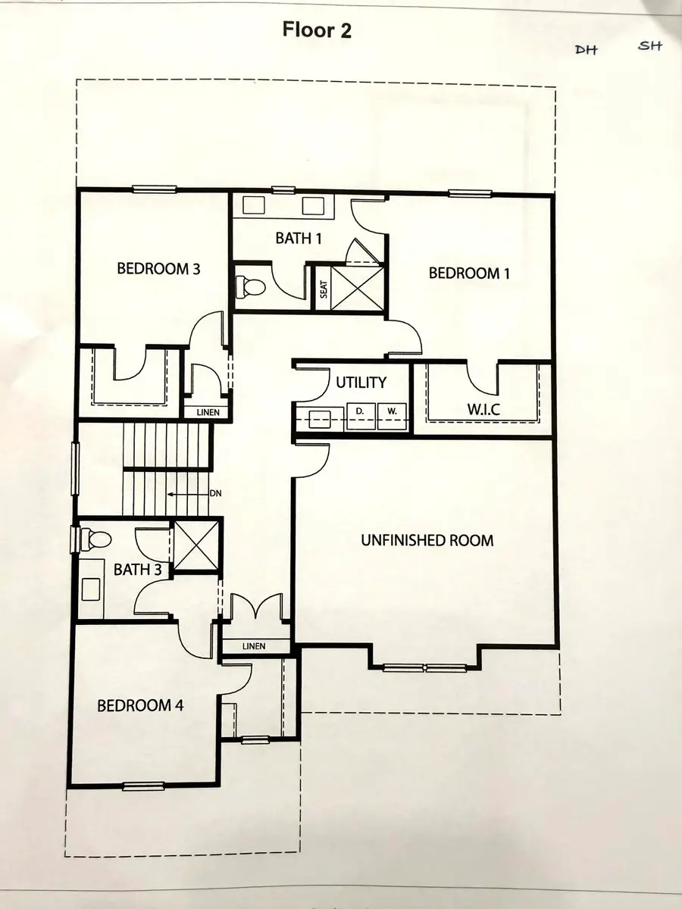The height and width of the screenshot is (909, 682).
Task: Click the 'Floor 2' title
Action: (317, 30)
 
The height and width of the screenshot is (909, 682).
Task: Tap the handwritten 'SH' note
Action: (649, 46)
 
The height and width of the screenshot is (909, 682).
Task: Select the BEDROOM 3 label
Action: (158, 268)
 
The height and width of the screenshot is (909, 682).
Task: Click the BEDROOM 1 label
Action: (465, 273)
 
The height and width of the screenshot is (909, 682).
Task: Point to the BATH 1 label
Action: (299, 239)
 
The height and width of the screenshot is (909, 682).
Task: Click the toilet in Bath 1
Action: (249, 286)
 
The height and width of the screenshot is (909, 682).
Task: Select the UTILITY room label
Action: (361, 383)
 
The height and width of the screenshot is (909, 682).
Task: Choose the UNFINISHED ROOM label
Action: (427, 541)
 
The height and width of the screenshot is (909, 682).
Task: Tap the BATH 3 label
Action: (138, 570)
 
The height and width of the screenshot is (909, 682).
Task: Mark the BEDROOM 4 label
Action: (140, 706)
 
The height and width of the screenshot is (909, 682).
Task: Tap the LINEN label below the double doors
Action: (255, 646)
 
